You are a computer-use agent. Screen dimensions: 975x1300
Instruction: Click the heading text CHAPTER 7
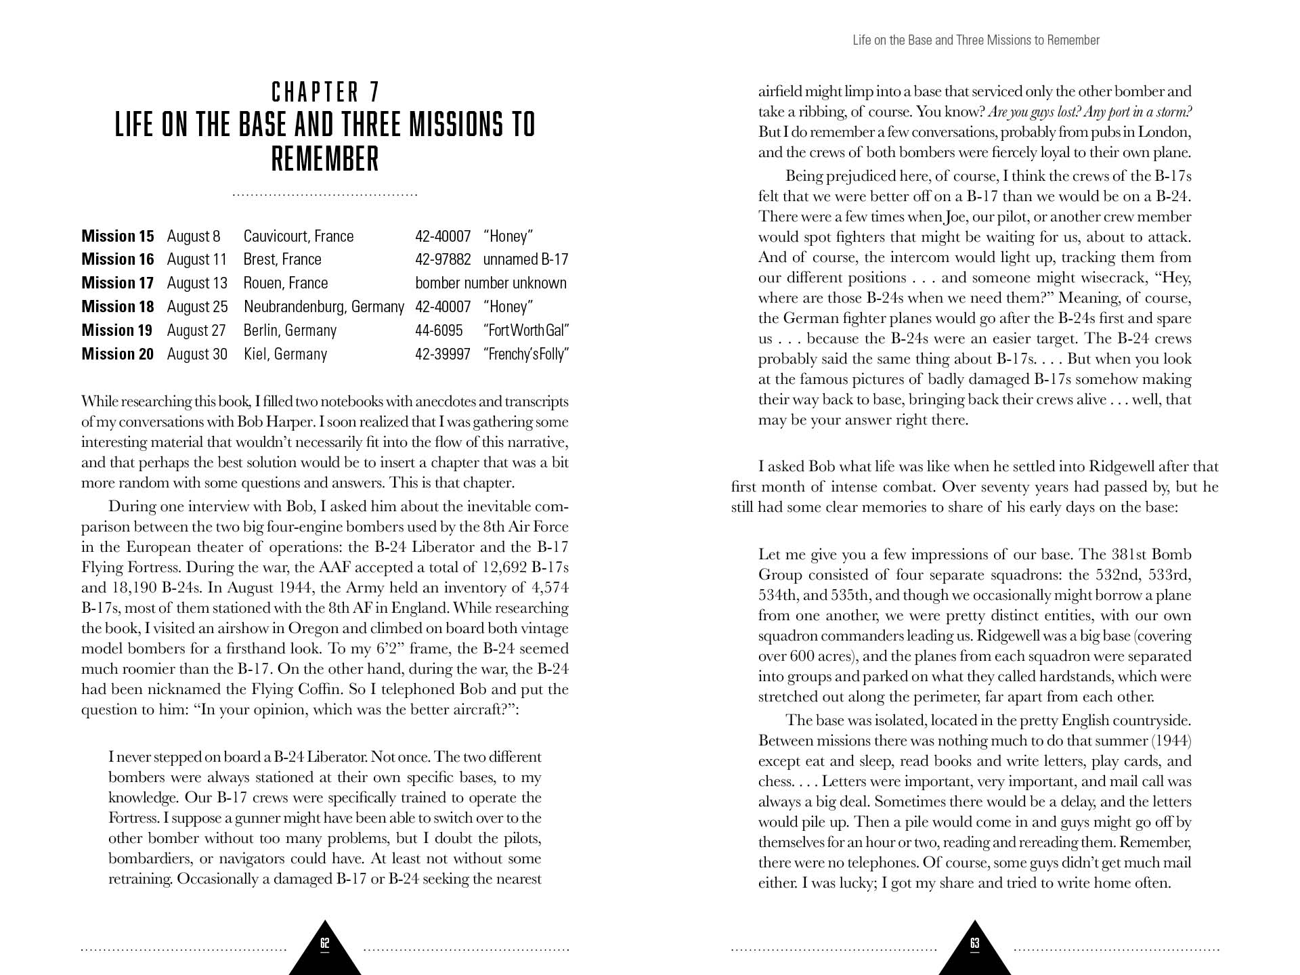coord(325,92)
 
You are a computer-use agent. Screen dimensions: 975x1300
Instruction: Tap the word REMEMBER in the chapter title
coord(325,160)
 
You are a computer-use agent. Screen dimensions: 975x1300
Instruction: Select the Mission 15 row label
coord(117,236)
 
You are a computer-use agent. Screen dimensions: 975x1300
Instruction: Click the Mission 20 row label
coord(117,354)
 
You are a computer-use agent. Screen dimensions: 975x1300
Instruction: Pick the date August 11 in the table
coord(196,259)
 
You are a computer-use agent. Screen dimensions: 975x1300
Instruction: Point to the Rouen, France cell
coord(285,283)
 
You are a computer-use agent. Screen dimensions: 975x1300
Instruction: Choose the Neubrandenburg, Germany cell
coord(324,307)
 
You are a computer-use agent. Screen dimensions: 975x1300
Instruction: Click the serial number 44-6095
coord(439,330)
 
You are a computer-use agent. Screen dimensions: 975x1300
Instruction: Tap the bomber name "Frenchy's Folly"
coord(525,354)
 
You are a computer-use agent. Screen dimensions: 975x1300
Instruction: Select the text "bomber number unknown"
coord(490,283)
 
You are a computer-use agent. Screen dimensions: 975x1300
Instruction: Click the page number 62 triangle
coord(325,945)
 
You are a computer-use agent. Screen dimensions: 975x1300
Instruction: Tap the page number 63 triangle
coord(974,945)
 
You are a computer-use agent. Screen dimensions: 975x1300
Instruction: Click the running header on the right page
coord(976,41)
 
